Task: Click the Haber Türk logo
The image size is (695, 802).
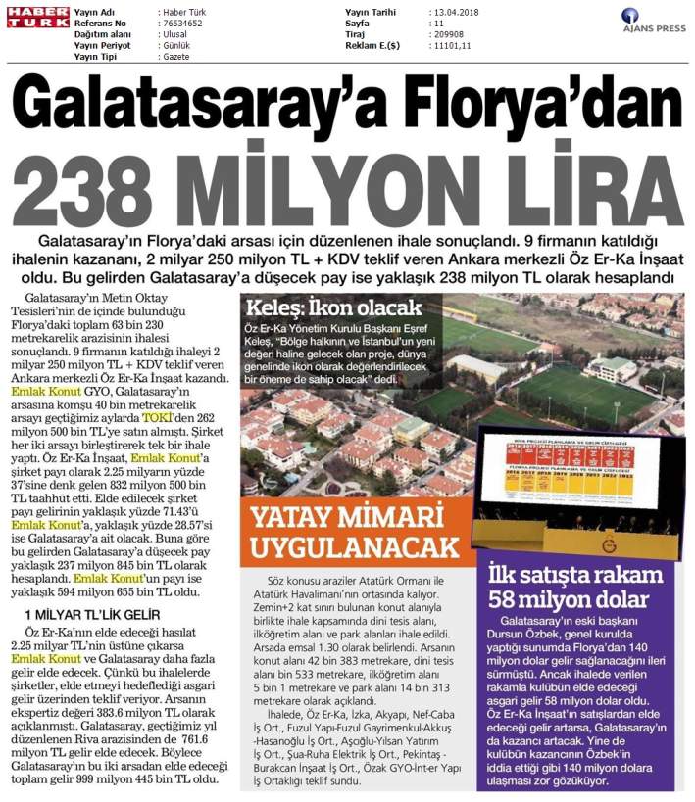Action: click(37, 17)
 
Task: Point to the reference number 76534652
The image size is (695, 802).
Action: click(182, 22)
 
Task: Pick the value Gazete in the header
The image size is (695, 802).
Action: click(176, 57)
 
